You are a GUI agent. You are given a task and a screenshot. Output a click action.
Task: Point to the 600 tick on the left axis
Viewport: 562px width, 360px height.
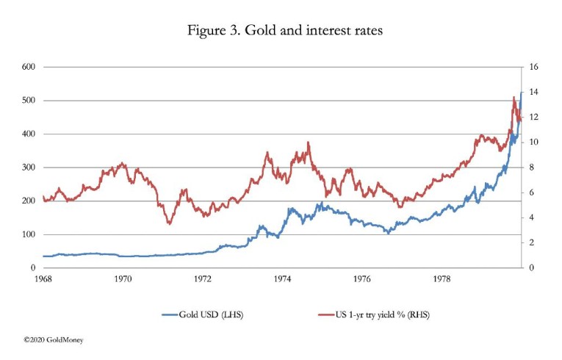(x=30, y=67)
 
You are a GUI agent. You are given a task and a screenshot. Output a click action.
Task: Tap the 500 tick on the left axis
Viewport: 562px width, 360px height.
(x=30, y=101)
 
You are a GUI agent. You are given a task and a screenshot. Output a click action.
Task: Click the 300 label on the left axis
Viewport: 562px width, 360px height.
(x=30, y=168)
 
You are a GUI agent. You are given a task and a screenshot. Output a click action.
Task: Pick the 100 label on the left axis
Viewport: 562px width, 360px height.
(x=30, y=234)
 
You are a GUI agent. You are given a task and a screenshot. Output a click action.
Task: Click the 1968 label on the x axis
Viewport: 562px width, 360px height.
(x=43, y=279)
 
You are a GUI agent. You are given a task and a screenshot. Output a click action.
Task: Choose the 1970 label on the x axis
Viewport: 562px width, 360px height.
(x=123, y=279)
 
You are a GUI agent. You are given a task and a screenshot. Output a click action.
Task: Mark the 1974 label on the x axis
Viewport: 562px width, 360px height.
(x=282, y=279)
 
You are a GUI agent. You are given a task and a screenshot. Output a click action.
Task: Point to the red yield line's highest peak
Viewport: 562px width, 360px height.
(x=514, y=97)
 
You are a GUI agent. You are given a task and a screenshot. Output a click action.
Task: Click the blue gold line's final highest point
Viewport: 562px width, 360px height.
(x=521, y=93)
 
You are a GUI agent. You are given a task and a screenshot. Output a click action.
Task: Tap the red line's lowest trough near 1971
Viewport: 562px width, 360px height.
(x=170, y=223)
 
